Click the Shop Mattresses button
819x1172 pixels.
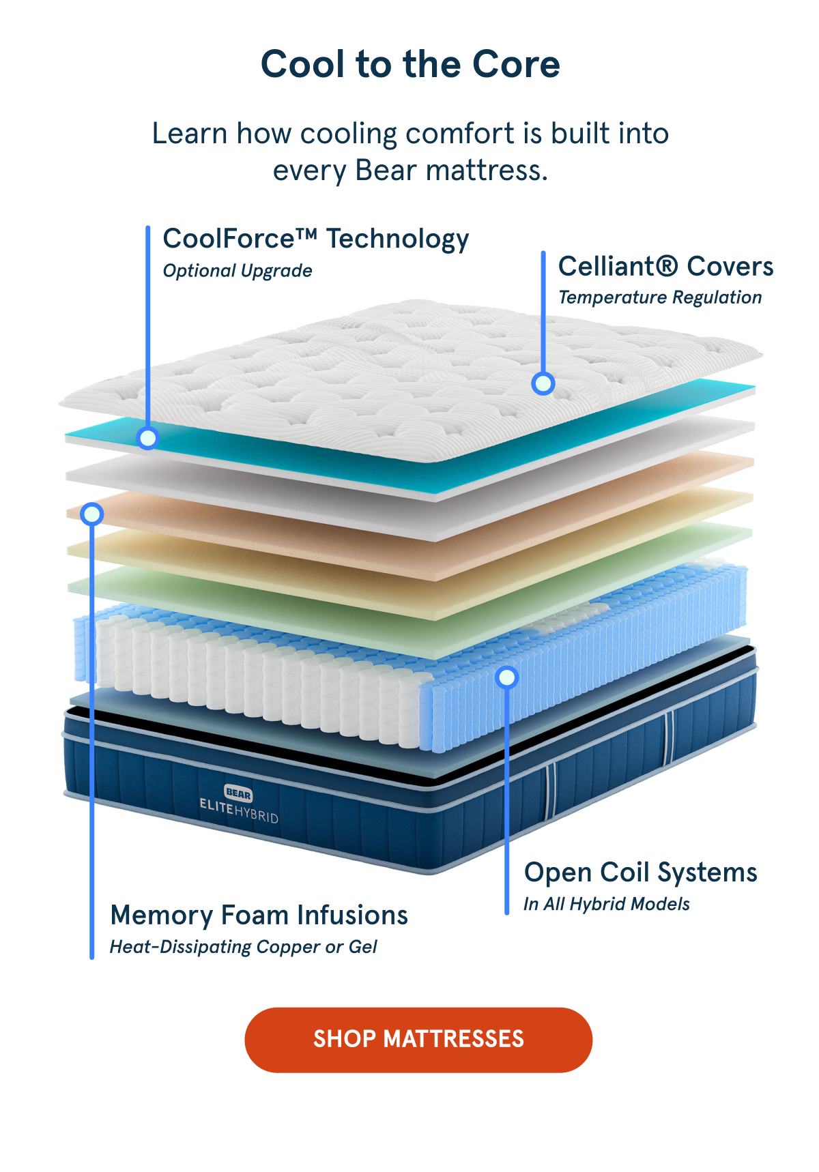[x=418, y=1040]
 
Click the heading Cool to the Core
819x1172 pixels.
[x=410, y=64]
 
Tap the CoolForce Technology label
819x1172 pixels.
[x=316, y=239]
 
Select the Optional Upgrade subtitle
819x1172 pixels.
[x=238, y=271]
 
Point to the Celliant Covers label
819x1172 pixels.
[x=666, y=266]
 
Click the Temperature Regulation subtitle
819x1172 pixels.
[x=660, y=297]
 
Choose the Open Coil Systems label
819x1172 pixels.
[x=640, y=873]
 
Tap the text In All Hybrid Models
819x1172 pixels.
[x=606, y=904]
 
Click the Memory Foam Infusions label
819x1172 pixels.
[x=259, y=915]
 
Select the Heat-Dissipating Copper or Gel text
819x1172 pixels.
[x=244, y=947]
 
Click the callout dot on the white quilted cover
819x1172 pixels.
[x=543, y=384]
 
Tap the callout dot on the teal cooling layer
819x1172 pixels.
[x=147, y=437]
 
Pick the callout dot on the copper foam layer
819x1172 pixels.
[x=92, y=514]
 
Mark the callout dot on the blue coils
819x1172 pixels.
[x=507, y=677]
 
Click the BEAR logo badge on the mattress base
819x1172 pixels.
[x=238, y=793]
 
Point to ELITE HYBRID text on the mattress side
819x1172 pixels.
[x=239, y=810]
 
